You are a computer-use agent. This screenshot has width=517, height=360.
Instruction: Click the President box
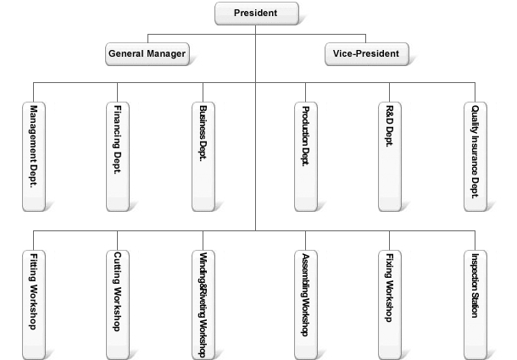(x=257, y=14)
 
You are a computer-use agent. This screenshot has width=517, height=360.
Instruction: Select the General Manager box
(x=147, y=54)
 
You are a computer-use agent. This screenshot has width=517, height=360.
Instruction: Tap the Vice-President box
(x=367, y=54)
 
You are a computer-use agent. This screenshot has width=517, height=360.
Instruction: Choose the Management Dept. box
(x=34, y=157)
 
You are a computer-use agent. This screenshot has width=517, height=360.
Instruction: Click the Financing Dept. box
(x=117, y=157)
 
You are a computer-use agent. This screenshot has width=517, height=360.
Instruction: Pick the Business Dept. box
(x=203, y=157)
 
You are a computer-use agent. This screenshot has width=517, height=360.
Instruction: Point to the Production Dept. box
(x=306, y=157)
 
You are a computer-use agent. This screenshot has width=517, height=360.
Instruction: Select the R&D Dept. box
(x=389, y=157)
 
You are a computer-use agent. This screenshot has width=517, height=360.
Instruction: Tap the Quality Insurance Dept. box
(x=475, y=157)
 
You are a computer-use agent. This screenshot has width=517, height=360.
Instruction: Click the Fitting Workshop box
(x=34, y=305)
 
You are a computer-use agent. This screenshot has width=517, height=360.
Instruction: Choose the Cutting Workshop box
(x=117, y=305)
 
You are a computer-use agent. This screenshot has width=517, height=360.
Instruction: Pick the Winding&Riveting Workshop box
(x=203, y=305)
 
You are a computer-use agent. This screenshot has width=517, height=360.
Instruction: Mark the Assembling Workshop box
(x=306, y=305)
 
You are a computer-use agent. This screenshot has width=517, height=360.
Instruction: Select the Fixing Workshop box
(x=389, y=305)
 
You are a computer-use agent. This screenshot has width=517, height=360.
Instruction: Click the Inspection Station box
(x=475, y=305)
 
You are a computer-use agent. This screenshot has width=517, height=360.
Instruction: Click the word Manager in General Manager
(x=166, y=53)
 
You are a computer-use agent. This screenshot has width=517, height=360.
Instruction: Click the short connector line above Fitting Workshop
(x=33, y=241)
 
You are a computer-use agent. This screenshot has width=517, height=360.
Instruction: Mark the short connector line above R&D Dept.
(x=389, y=92)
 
